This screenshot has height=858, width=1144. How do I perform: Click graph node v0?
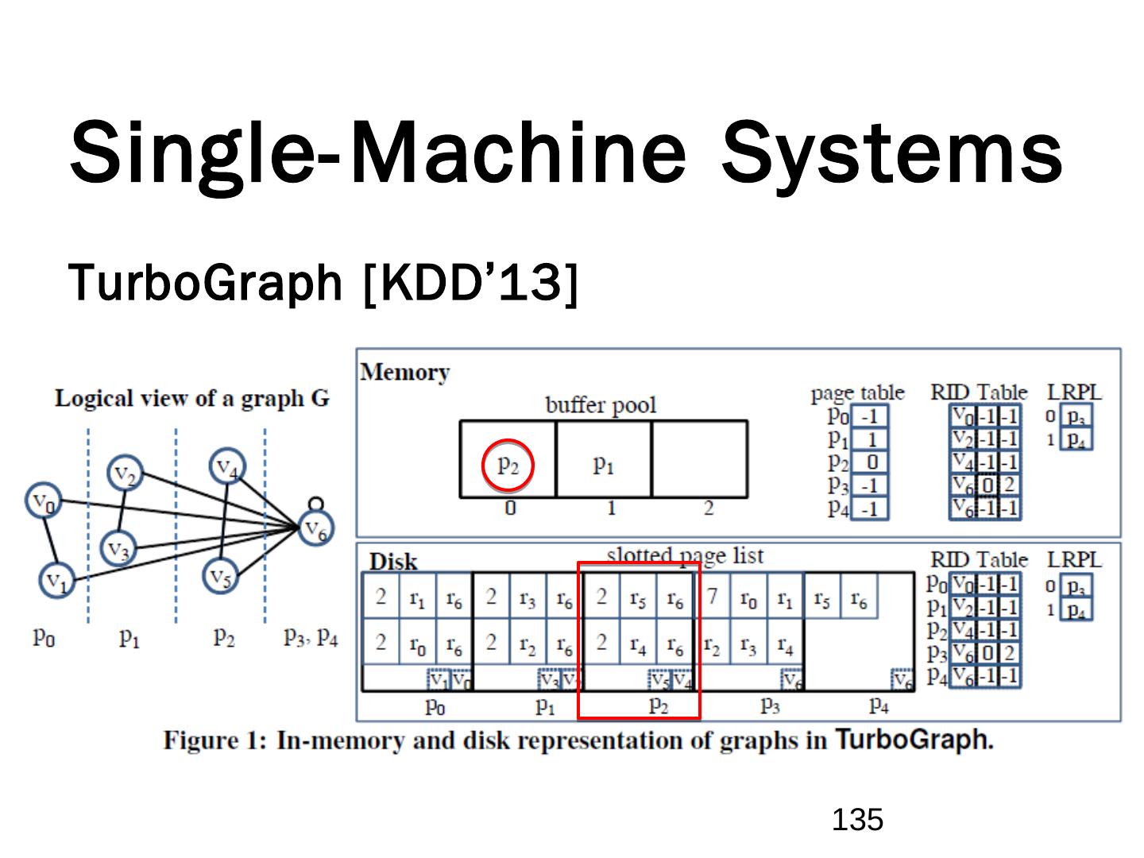(41, 502)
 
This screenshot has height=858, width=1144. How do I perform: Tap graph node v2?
(126, 474)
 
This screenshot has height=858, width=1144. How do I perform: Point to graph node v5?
(222, 578)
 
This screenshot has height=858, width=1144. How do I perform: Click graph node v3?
(119, 548)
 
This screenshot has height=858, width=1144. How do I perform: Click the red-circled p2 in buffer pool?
(508, 465)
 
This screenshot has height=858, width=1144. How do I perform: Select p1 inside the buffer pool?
(604, 465)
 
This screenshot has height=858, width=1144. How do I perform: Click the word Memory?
(404, 373)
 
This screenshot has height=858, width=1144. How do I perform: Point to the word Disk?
(393, 562)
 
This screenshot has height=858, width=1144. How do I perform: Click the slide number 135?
(858, 819)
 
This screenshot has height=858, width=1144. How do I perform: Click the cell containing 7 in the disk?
(713, 596)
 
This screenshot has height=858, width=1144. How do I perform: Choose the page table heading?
(857, 392)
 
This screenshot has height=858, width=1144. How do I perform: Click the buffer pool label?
(601, 405)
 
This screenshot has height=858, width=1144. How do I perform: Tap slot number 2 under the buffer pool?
(708, 508)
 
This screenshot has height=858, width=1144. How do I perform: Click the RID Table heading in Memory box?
(979, 392)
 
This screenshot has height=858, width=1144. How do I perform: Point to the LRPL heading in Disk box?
(1074, 559)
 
